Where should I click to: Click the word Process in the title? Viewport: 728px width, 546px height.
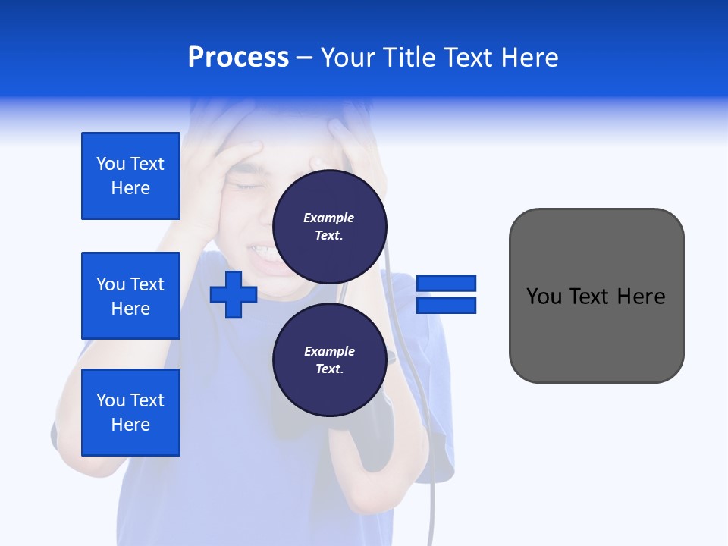pyautogui.click(x=238, y=58)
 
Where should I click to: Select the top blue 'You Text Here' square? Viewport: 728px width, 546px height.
pyautogui.click(x=130, y=176)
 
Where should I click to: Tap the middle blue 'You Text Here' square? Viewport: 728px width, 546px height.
pyautogui.click(x=130, y=296)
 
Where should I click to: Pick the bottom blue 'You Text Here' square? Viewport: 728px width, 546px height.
pyautogui.click(x=130, y=413)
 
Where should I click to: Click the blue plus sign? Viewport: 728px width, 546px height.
pyautogui.click(x=234, y=294)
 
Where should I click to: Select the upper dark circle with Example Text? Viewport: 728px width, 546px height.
pyautogui.click(x=330, y=226)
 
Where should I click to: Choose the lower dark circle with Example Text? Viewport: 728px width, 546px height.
pyautogui.click(x=330, y=359)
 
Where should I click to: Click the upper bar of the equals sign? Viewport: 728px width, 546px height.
pyautogui.click(x=446, y=283)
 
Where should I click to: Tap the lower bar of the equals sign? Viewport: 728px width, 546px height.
pyautogui.click(x=446, y=305)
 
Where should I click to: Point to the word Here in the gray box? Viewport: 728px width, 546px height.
pyautogui.click(x=641, y=297)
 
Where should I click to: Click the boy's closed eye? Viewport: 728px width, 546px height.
pyautogui.click(x=246, y=185)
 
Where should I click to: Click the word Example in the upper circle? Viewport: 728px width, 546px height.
pyautogui.click(x=328, y=218)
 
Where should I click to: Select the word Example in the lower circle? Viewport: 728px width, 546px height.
pyautogui.click(x=329, y=351)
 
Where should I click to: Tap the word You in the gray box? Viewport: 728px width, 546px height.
pyautogui.click(x=544, y=297)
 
